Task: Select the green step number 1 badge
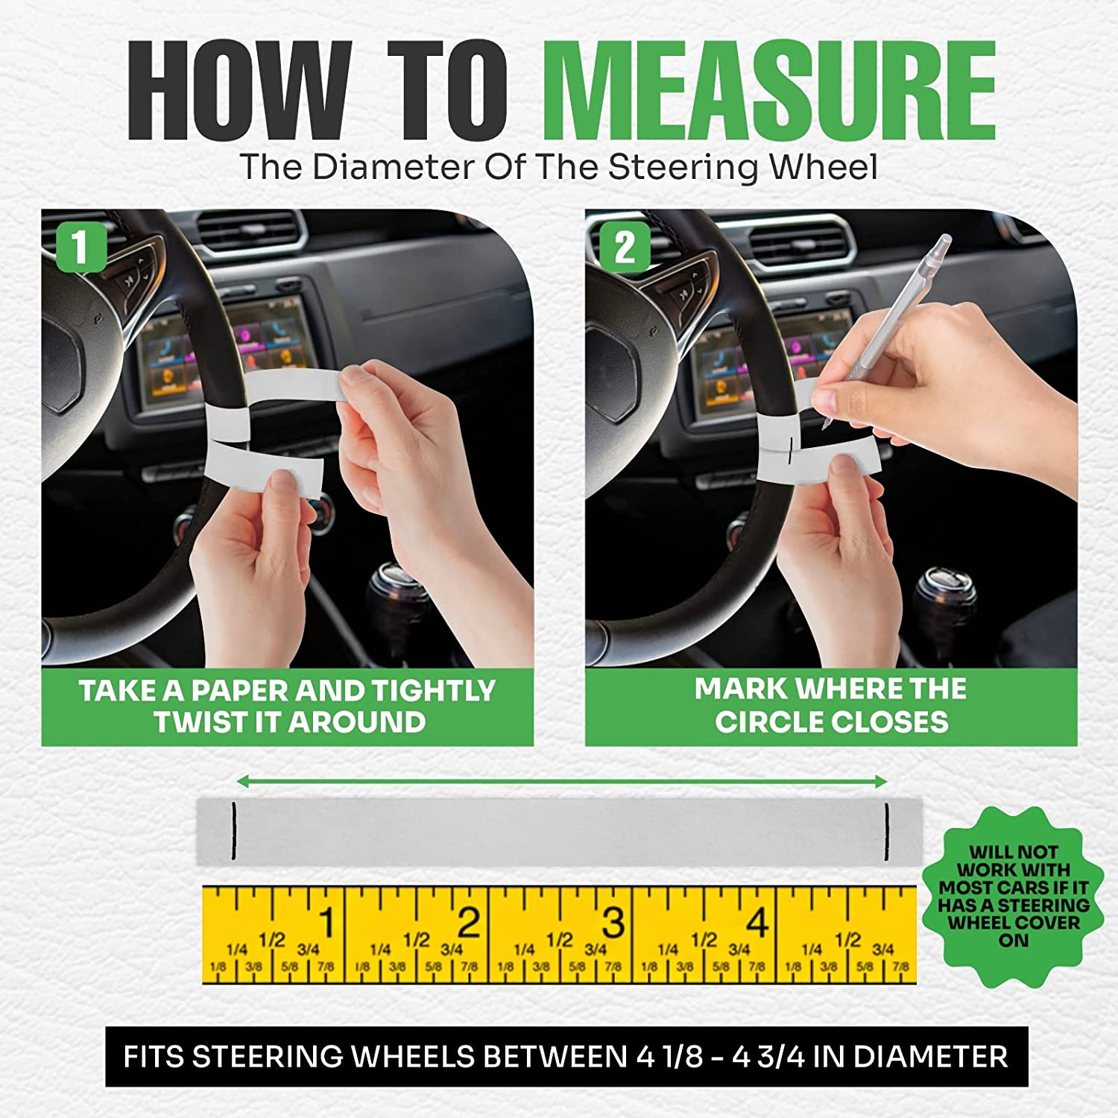click(x=81, y=248)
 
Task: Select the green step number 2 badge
click(x=625, y=248)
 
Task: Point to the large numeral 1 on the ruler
click(x=326, y=923)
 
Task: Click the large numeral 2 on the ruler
click(x=469, y=923)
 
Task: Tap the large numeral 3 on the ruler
click(x=613, y=923)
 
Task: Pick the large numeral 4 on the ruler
click(x=757, y=923)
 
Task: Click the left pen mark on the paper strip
click(x=233, y=832)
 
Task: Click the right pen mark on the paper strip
click(x=887, y=832)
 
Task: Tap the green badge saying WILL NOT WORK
click(x=1014, y=896)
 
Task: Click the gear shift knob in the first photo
click(x=396, y=589)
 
